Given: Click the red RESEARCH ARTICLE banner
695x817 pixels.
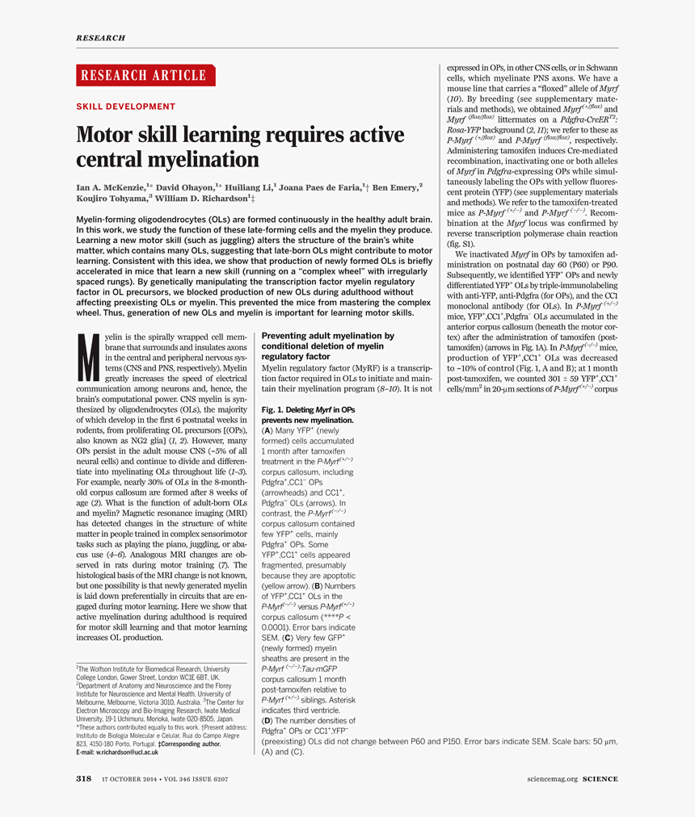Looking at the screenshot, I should pyautogui.click(x=145, y=76).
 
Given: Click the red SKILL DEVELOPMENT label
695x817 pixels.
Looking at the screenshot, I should pyautogui.click(x=125, y=107).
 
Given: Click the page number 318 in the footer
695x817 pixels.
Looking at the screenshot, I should pyautogui.click(x=83, y=779).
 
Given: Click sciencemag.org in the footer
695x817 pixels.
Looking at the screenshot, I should pyautogui.click(x=553, y=779).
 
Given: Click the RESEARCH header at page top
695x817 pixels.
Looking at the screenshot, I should pyautogui.click(x=100, y=38).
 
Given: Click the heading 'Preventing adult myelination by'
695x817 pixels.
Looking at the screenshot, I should pyautogui.click(x=328, y=336).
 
